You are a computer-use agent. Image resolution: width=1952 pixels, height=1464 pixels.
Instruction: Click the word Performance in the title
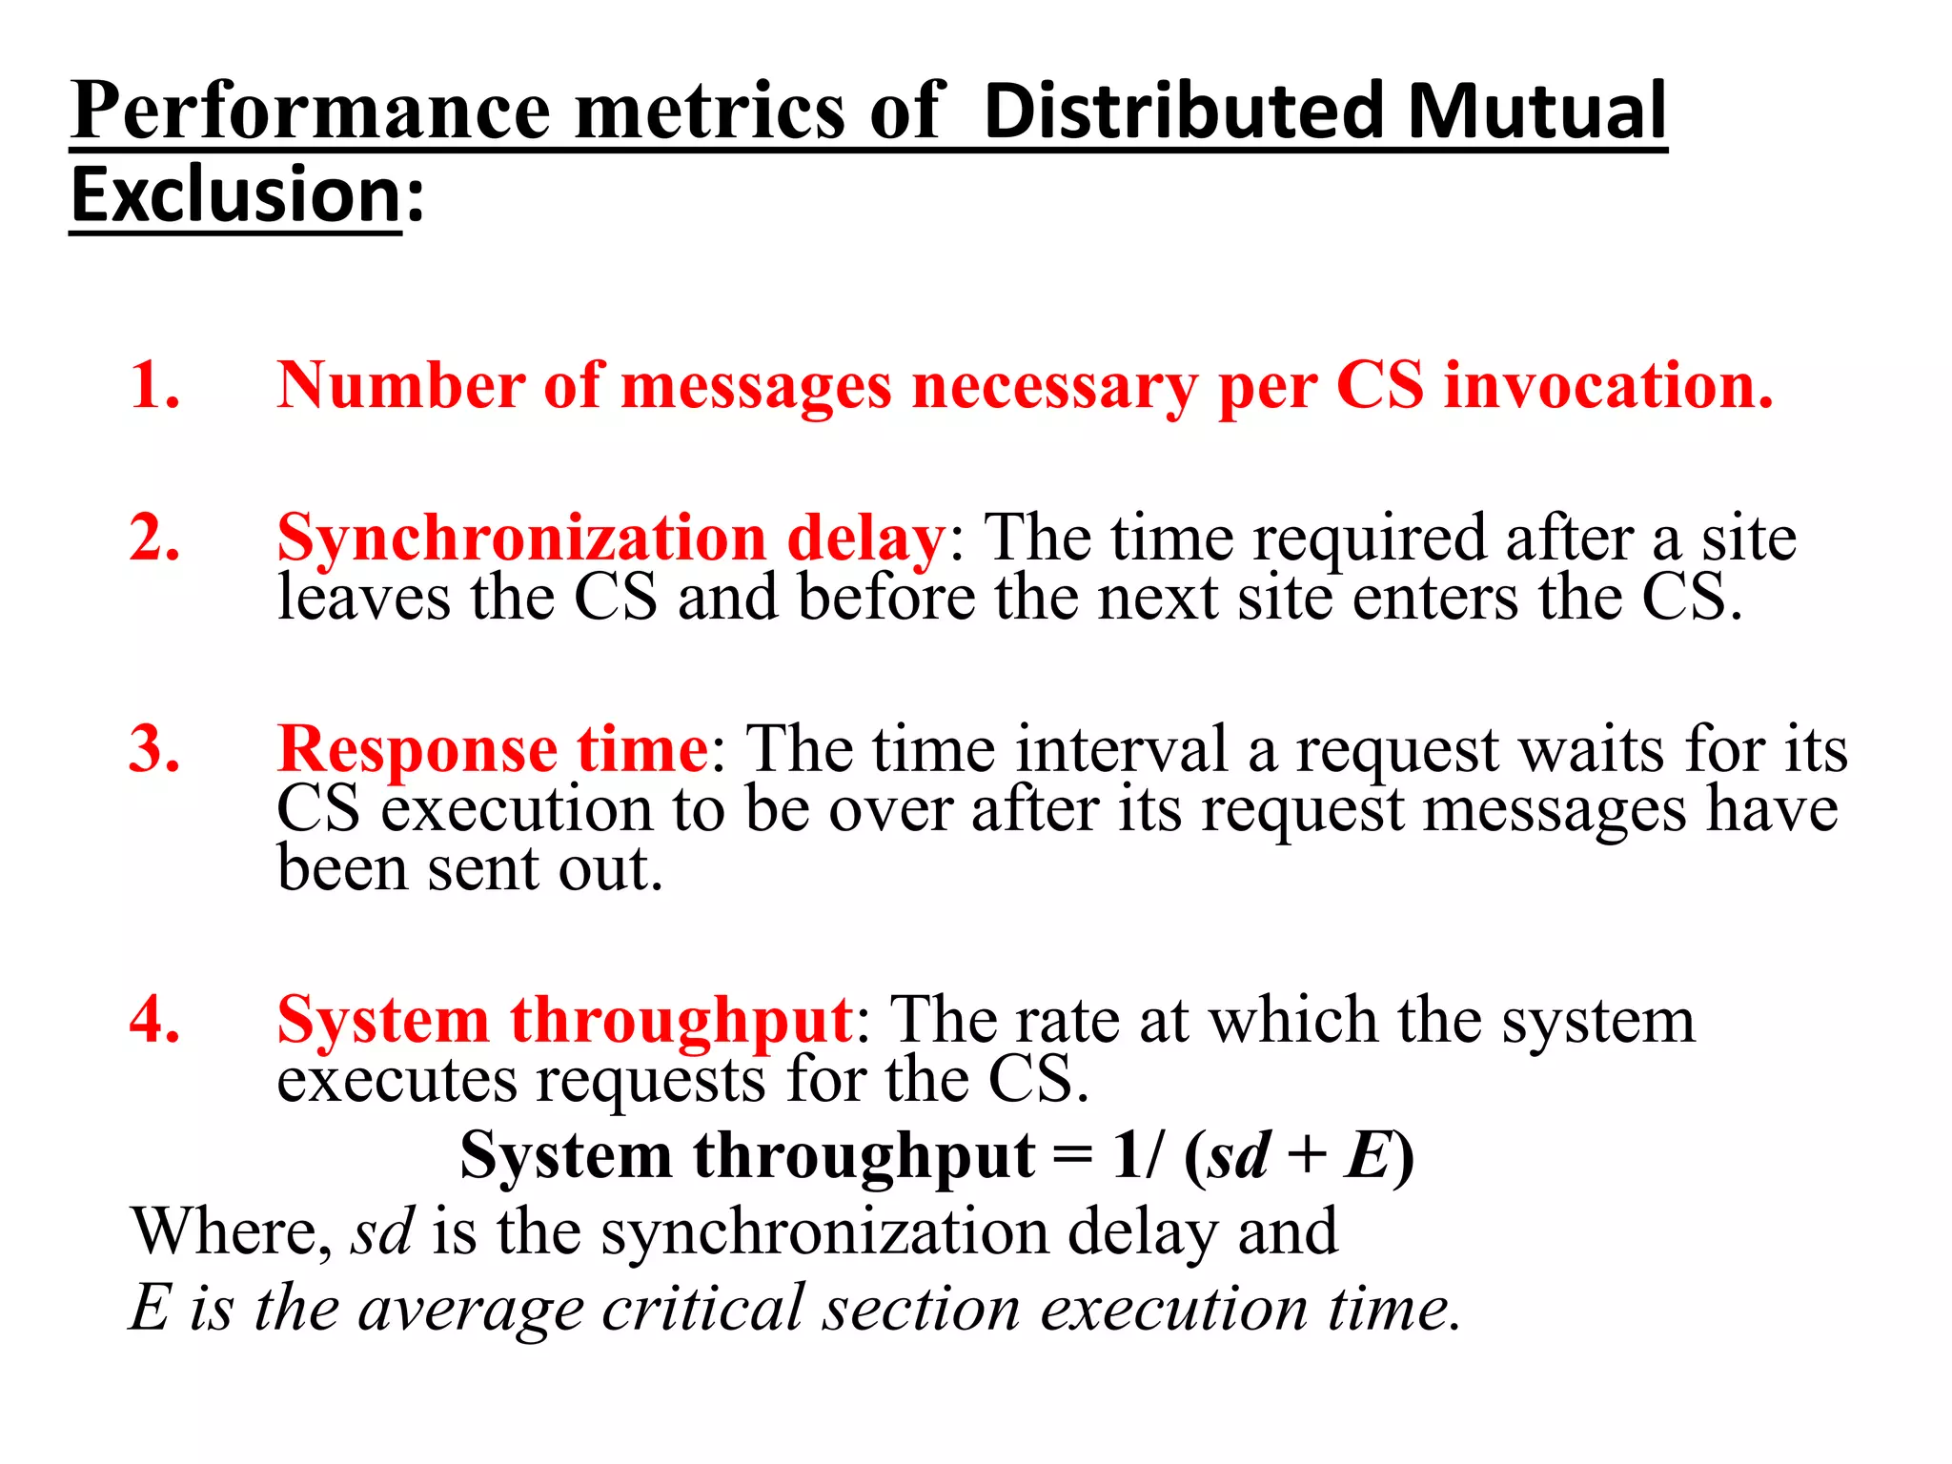click(x=311, y=112)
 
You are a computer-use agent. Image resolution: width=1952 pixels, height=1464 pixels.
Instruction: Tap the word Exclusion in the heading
click(x=235, y=195)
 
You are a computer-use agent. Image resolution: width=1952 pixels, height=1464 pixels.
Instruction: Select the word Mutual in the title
click(x=1536, y=111)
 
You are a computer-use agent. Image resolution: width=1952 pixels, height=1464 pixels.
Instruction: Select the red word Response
click(x=417, y=749)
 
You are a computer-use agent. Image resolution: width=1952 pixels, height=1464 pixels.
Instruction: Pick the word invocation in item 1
click(x=1608, y=385)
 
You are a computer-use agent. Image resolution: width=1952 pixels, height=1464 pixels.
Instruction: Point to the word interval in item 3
click(x=1121, y=749)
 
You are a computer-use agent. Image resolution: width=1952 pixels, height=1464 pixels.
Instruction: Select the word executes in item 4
click(x=395, y=1081)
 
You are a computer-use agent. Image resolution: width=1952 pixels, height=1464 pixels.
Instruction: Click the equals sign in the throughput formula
click(x=1073, y=1156)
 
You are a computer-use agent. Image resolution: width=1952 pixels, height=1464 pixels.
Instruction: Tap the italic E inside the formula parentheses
click(x=1367, y=1156)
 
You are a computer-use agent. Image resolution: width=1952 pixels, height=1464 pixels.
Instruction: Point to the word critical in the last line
click(x=702, y=1308)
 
